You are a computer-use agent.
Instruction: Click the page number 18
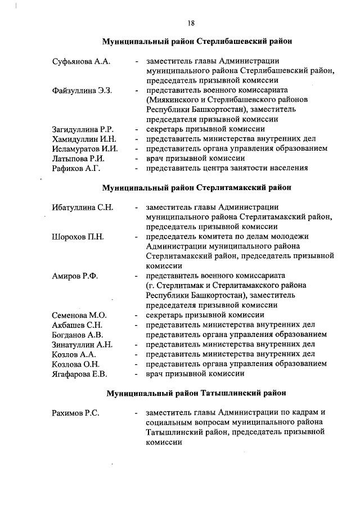(x=191, y=23)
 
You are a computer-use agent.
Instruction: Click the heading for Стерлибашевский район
(x=196, y=42)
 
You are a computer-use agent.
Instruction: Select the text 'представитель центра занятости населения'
(x=227, y=168)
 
